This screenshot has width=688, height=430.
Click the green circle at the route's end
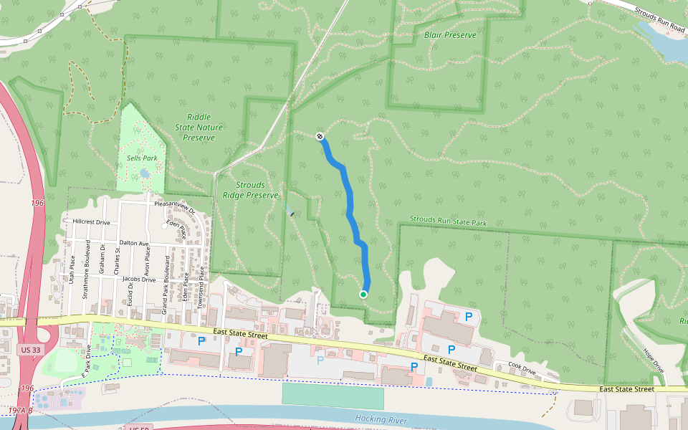pyautogui.click(x=363, y=295)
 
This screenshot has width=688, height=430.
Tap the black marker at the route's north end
pyautogui.click(x=320, y=136)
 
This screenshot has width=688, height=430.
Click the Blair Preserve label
pyautogui.click(x=449, y=34)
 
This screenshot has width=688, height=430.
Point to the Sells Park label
pyautogui.click(x=141, y=158)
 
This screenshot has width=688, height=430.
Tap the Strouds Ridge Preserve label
pyautogui.click(x=249, y=190)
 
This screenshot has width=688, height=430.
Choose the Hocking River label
pyautogui.click(x=380, y=418)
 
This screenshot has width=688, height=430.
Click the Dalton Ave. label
pyautogui.click(x=134, y=244)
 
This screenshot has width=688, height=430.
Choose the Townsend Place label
pyautogui.click(x=202, y=282)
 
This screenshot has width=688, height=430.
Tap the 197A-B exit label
pyautogui.click(x=21, y=411)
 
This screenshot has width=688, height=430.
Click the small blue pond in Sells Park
pyautogui.click(x=145, y=173)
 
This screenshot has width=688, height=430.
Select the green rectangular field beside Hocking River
pyautogui.click(x=333, y=396)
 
